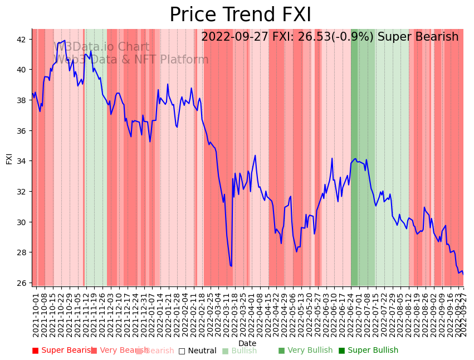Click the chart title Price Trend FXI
(240, 15)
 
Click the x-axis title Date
(247, 343)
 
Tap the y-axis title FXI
(9, 158)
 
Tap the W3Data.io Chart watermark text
(101, 47)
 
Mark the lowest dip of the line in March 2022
(231, 266)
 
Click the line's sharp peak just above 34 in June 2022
(332, 158)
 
